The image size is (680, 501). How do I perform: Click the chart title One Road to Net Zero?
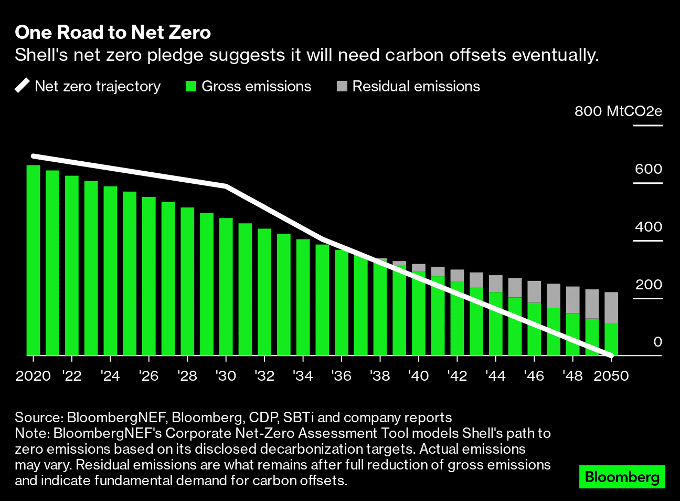[x=113, y=33]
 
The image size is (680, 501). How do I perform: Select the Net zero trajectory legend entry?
[x=88, y=86]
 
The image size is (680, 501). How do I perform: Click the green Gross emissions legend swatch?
[x=191, y=86]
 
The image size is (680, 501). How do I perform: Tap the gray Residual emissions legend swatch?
[x=342, y=86]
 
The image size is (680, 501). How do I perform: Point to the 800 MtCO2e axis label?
[x=618, y=111]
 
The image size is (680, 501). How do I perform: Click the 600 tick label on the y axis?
[x=648, y=169]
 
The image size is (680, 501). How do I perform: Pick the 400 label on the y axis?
[x=648, y=227]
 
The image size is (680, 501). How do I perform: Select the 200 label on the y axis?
[x=648, y=285]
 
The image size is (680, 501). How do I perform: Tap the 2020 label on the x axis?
[x=33, y=376]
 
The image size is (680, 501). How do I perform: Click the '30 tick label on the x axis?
[x=226, y=376]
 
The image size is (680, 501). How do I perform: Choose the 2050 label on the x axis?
[x=611, y=376]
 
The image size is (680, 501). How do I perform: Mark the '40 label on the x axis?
[x=418, y=376]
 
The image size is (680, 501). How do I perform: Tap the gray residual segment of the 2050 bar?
[x=611, y=308]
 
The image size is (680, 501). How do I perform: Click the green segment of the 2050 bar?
[x=611, y=340]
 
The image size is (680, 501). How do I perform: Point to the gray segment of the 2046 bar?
[x=534, y=292]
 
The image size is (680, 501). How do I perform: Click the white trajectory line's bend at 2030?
[x=226, y=186]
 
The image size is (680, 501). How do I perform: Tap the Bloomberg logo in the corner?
[x=622, y=477]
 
